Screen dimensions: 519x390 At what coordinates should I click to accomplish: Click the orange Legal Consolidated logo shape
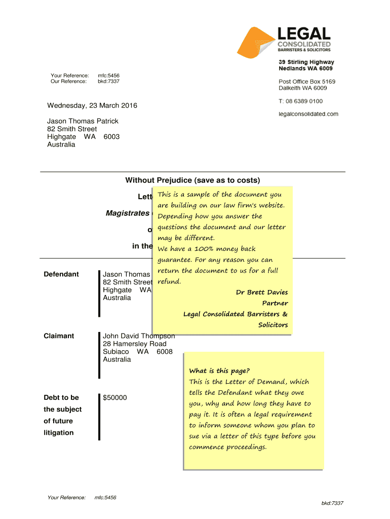[256, 43]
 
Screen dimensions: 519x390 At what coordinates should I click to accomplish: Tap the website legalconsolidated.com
[308, 114]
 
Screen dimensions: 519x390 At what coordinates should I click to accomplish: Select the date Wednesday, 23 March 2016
[92, 105]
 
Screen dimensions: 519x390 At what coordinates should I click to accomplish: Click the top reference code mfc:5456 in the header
[108, 76]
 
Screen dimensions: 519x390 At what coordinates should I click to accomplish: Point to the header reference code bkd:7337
[108, 81]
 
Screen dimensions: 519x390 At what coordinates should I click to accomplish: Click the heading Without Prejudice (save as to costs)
[192, 180]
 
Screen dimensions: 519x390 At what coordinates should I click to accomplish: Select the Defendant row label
[62, 274]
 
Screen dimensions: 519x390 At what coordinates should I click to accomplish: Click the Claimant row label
[60, 336]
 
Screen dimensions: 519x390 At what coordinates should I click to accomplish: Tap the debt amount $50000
[115, 398]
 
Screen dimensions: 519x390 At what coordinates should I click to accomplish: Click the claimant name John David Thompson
[139, 336]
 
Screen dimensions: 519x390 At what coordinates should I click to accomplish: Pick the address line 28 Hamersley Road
[135, 344]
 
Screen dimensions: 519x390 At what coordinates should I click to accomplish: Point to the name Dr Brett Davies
[262, 292]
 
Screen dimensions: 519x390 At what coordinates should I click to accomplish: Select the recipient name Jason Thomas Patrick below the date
[83, 121]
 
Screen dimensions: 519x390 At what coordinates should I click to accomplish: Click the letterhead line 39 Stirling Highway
[306, 62]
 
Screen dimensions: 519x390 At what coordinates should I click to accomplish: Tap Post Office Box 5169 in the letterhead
[307, 82]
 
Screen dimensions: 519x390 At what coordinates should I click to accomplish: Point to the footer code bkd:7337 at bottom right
[332, 503]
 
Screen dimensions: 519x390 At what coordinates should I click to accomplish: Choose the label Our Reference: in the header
[68, 81]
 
